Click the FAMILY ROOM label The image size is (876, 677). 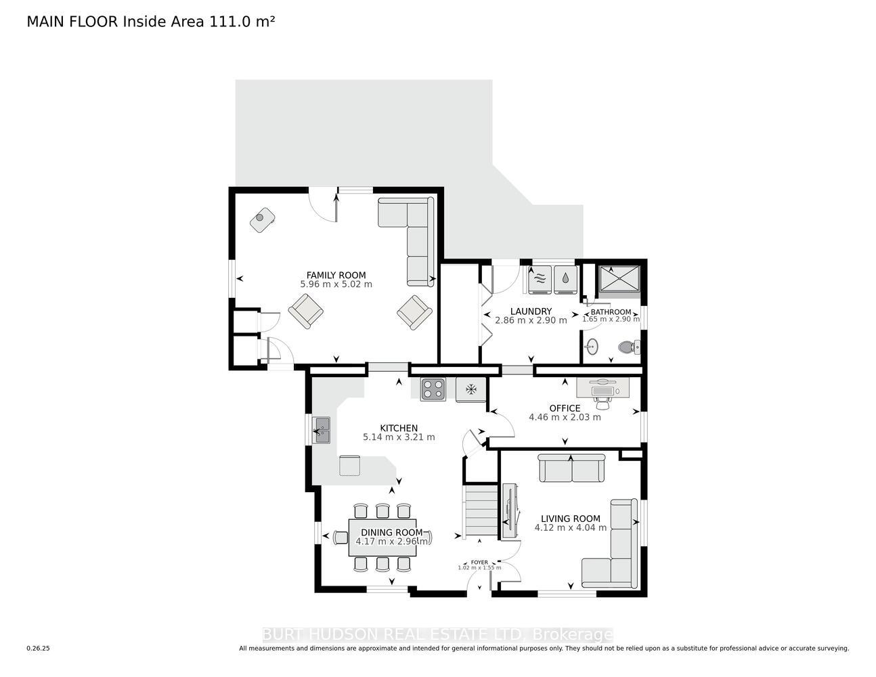coord(336,276)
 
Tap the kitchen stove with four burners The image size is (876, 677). coord(433,389)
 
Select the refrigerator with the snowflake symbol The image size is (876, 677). coord(471,390)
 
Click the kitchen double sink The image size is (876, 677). coord(322,431)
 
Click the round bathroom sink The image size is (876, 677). coord(592,347)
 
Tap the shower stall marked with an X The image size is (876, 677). coord(619,278)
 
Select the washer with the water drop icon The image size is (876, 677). coord(565,278)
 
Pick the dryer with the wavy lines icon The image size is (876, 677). coord(540,278)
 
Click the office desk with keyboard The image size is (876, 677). coord(603,388)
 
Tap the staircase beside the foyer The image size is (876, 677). coord(481,511)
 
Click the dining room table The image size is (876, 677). coord(382,538)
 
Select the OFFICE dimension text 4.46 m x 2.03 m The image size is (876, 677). coord(565,417)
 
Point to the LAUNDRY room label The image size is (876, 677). coord(531,311)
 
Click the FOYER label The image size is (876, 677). coord(479,562)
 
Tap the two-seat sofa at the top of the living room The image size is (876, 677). coord(571,468)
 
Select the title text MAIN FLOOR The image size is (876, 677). coord(72,22)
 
